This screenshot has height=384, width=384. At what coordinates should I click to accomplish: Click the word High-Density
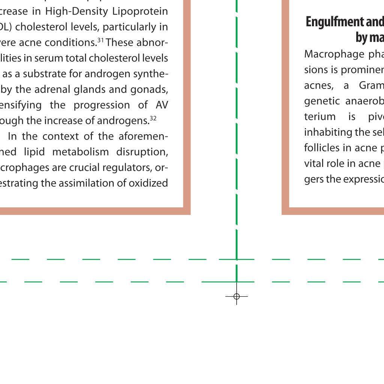[77, 12]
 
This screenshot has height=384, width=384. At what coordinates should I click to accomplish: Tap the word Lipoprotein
[140, 12]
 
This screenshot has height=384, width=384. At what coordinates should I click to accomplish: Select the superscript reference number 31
[100, 40]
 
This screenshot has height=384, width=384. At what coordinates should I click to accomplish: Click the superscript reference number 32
[153, 118]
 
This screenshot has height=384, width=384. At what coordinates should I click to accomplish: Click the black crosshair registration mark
[237, 297]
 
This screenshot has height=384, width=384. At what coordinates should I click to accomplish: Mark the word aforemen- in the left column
[142, 136]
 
